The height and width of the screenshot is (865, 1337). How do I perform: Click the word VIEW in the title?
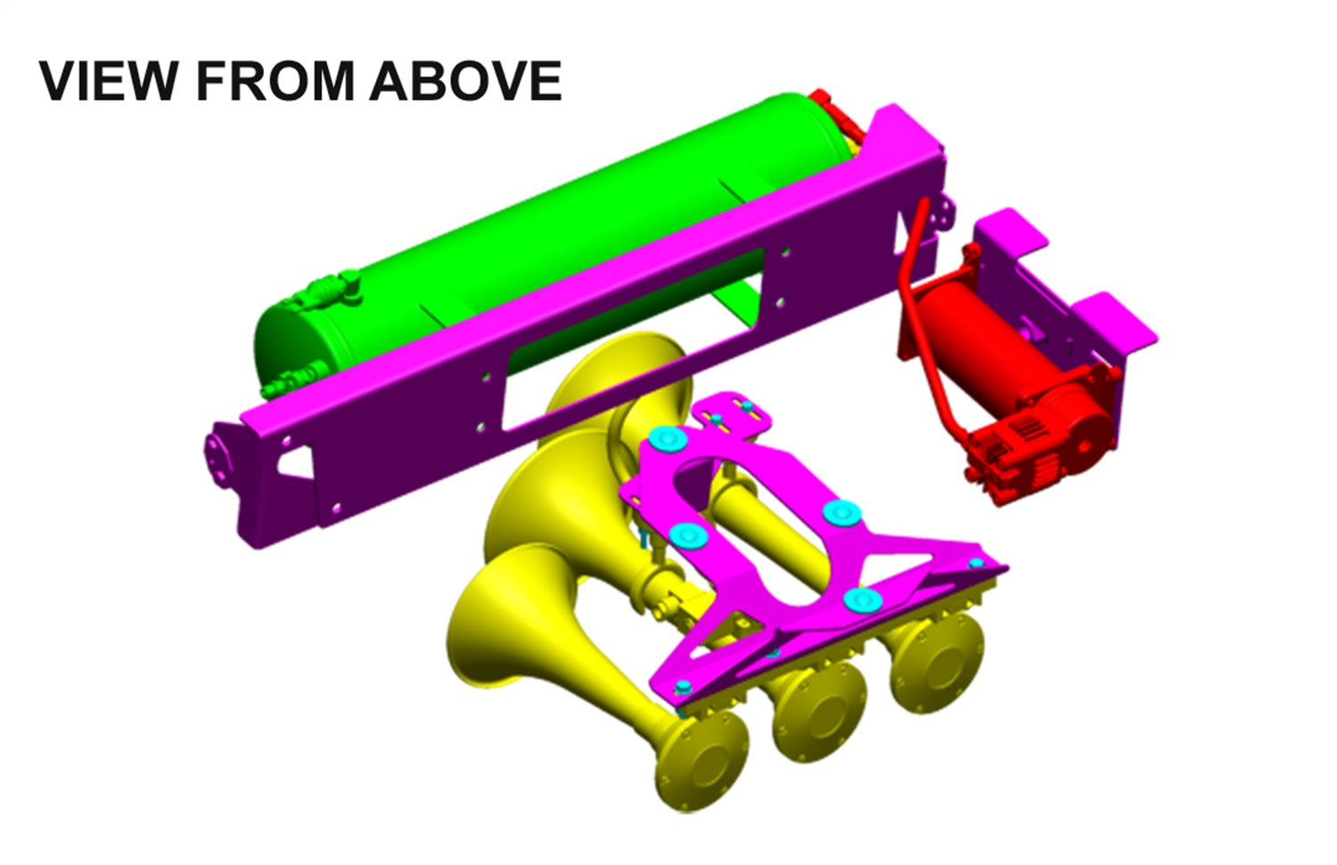(107, 81)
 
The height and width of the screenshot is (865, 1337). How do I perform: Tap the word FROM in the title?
(275, 81)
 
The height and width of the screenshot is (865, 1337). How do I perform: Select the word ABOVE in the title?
(465, 81)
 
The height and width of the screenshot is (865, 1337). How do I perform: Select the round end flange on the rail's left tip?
(217, 460)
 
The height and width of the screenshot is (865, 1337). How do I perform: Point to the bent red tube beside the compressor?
(918, 294)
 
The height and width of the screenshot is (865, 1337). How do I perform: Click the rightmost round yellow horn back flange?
(936, 659)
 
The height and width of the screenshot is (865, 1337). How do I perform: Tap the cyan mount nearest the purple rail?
(668, 438)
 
